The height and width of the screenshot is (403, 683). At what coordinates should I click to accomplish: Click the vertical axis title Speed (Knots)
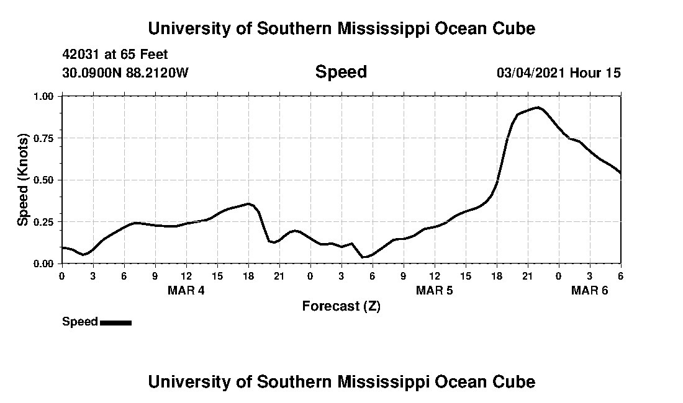pyautogui.click(x=23, y=180)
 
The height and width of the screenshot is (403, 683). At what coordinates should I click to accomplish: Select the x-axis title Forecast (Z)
pyautogui.click(x=341, y=306)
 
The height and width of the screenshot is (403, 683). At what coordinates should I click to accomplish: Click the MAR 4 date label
pyautogui.click(x=186, y=290)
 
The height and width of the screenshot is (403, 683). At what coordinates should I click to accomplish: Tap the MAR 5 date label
pyautogui.click(x=434, y=290)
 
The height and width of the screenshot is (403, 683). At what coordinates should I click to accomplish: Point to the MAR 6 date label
pyautogui.click(x=589, y=290)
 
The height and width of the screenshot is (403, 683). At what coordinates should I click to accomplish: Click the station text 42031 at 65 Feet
pyautogui.click(x=115, y=55)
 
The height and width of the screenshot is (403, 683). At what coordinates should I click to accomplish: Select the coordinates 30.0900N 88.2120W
pyautogui.click(x=125, y=73)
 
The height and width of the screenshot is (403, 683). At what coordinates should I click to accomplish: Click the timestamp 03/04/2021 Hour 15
pyautogui.click(x=558, y=73)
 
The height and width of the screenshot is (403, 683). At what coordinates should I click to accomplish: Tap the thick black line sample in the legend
pyautogui.click(x=115, y=322)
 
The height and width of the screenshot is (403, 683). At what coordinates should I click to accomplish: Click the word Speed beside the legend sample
pyautogui.click(x=80, y=322)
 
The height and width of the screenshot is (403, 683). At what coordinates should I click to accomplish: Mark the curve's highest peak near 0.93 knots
pyautogui.click(x=538, y=107)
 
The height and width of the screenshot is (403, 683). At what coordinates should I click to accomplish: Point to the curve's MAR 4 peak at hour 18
pyautogui.click(x=248, y=203)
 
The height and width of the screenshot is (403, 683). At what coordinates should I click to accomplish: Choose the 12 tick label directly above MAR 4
pyautogui.click(x=186, y=275)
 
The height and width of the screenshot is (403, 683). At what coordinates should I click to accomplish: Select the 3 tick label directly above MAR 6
pyautogui.click(x=589, y=275)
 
